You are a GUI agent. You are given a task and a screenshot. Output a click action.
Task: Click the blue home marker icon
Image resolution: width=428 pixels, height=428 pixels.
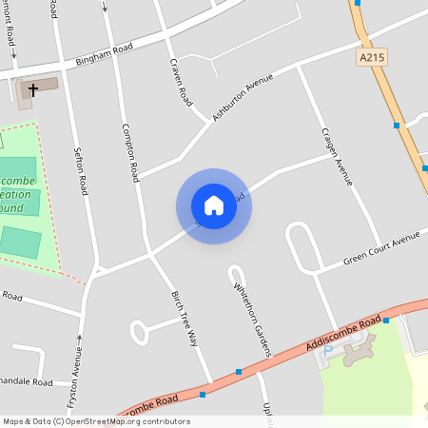214,205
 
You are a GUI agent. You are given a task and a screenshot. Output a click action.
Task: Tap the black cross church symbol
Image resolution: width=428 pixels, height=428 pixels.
33,90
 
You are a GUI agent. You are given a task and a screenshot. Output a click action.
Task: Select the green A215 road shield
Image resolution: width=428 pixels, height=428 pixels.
373,59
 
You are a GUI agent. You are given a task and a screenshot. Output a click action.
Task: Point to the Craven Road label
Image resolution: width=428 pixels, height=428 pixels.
177,83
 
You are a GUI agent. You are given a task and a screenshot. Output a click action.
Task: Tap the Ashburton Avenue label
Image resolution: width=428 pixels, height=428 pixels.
243,96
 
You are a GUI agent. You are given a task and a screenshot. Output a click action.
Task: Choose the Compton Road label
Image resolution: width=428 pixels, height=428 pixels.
130,152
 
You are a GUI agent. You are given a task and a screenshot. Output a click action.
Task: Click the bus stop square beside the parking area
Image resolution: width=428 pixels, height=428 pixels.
386,321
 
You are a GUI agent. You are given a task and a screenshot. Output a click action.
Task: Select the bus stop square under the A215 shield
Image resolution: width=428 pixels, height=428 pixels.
397,125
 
